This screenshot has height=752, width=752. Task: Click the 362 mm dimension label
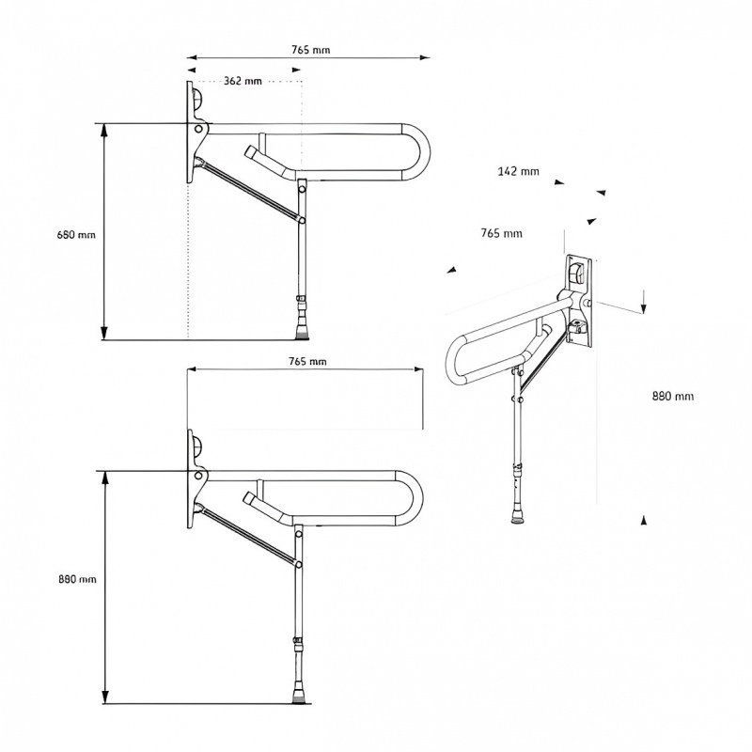point(243,82)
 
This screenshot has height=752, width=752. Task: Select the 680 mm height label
point(76,235)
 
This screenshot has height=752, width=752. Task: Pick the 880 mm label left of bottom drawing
point(76,579)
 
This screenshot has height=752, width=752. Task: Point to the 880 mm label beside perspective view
point(672,396)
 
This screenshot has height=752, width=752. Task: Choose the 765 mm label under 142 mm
point(501,233)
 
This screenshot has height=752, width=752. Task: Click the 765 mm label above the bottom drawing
point(307,361)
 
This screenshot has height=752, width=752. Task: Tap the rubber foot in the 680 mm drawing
point(302,329)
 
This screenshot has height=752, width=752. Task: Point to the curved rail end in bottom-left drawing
point(414,496)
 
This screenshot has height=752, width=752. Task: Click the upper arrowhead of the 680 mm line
point(104,129)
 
